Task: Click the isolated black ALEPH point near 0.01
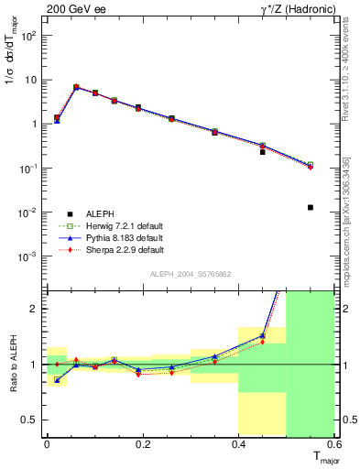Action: [x=311, y=207]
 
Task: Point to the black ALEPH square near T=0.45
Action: [x=263, y=152]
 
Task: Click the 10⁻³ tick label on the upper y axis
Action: [x=28, y=257]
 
